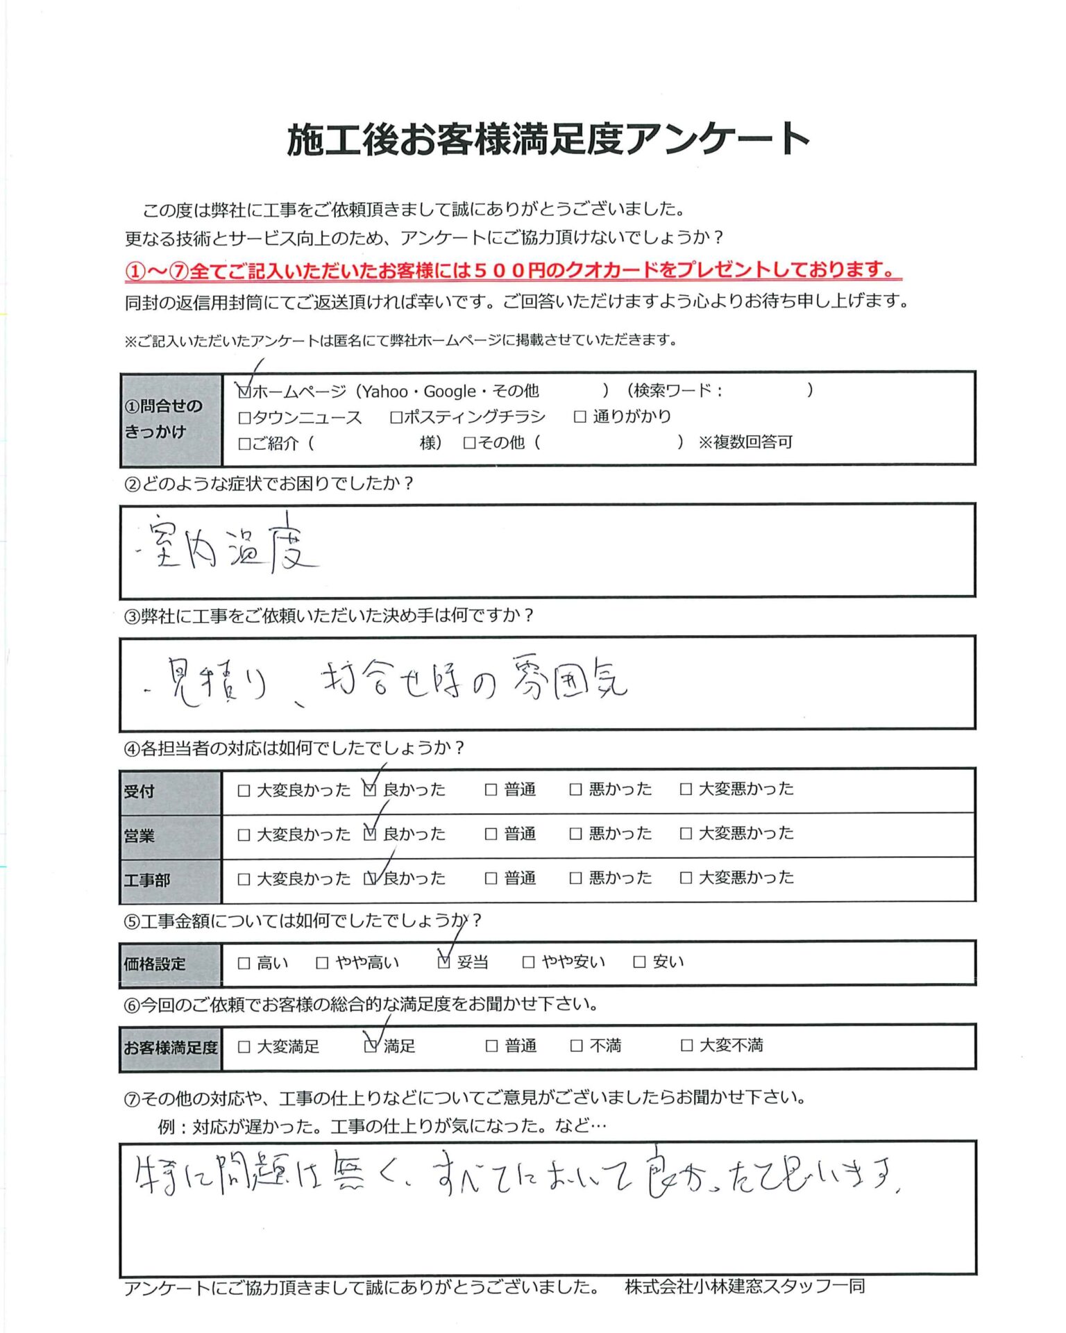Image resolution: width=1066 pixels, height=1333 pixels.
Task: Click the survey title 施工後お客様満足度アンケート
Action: [x=548, y=140]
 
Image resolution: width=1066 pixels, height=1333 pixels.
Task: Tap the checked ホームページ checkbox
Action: [x=244, y=392]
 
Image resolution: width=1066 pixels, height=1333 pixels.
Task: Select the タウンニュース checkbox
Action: [x=244, y=418]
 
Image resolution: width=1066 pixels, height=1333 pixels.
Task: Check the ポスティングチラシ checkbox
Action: [x=396, y=417]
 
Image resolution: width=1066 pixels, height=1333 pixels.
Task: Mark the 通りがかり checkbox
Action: [x=580, y=417]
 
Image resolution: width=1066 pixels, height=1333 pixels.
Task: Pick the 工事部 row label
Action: [x=146, y=880]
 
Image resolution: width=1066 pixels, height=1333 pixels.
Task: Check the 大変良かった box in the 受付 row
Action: [x=244, y=790]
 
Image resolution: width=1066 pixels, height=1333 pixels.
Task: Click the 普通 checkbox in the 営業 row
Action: [x=491, y=834]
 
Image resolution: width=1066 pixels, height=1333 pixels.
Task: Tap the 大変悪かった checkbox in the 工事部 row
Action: [x=686, y=878]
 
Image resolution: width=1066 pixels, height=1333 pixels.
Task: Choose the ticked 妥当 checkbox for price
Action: [x=444, y=962]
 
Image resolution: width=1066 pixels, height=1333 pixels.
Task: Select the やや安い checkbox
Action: [x=528, y=962]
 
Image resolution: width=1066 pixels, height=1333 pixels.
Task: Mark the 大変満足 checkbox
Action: [x=244, y=1046]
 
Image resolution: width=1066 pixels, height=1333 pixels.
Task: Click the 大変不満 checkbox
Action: [x=686, y=1045]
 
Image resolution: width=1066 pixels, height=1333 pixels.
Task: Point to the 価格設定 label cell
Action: [x=155, y=964]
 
